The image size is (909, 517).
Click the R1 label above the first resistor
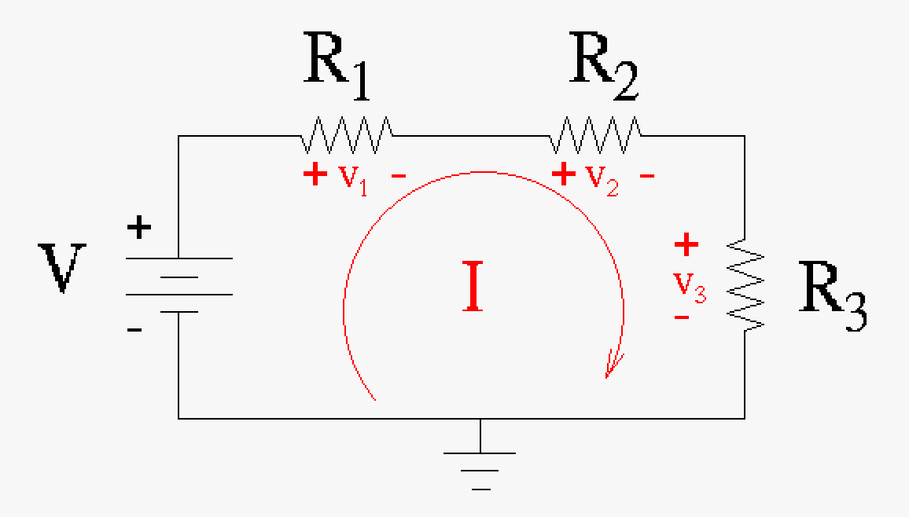[337, 72]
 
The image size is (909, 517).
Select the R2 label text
[603, 72]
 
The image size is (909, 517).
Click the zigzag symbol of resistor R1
[347, 136]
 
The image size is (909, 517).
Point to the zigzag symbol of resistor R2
[595, 136]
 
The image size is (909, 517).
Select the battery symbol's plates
[178, 284]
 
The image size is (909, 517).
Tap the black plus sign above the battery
[139, 229]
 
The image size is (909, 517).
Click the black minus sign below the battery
[134, 329]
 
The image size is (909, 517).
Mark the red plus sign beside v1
[315, 174]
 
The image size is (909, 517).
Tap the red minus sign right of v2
[647, 176]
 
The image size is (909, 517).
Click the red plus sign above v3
[686, 245]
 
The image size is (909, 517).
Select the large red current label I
[473, 288]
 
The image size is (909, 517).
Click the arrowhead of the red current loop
[612, 366]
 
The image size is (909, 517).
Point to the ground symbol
[480, 464]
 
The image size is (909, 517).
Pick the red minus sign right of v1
[399, 176]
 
